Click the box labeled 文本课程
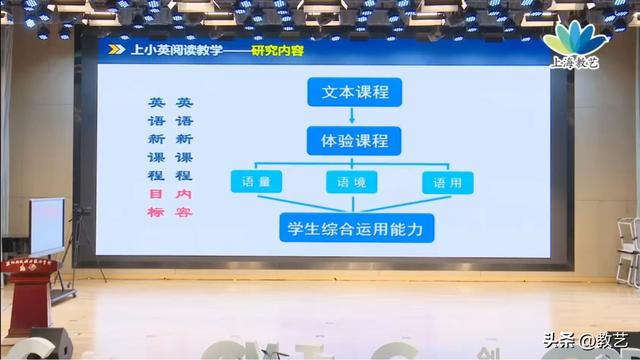point(348,93)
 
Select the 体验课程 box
point(348,139)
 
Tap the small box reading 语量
point(256,184)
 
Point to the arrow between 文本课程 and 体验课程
point(348,116)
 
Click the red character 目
point(156,193)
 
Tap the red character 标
point(156,212)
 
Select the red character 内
point(183,193)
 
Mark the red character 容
point(183,212)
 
